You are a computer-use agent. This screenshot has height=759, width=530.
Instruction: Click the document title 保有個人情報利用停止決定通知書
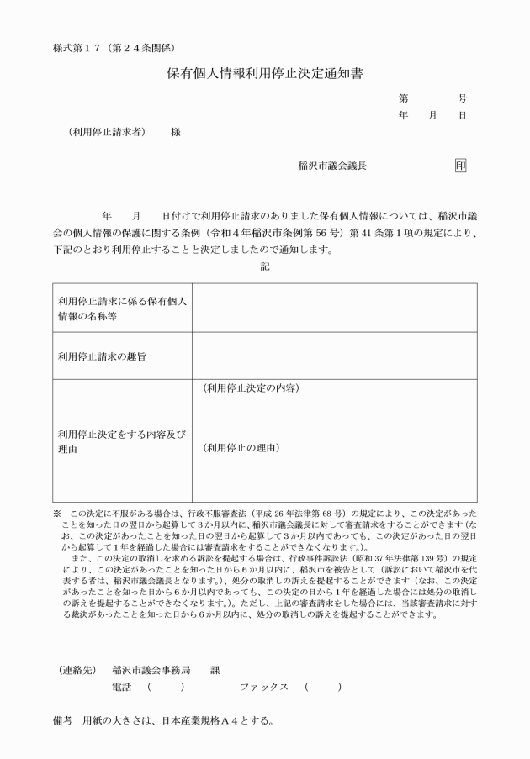pos(264,74)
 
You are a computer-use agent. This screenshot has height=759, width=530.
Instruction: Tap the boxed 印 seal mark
pos(460,166)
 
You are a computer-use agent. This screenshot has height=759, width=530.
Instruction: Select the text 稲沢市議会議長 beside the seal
pos(332,166)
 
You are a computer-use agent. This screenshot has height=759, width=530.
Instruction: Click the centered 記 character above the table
pos(265,266)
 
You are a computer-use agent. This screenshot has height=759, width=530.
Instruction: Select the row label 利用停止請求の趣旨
pos(101,356)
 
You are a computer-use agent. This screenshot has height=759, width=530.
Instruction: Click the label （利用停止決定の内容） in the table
pos(252,388)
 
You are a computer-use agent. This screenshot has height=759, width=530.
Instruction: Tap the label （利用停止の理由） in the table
pos(241,448)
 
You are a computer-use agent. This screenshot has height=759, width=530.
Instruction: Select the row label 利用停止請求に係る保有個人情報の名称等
pos(121,307)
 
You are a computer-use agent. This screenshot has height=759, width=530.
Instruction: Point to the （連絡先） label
pos(80,671)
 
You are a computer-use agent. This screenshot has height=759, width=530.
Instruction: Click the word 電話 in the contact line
pos(122,687)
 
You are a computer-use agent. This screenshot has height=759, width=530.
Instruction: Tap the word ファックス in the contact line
pos(263,687)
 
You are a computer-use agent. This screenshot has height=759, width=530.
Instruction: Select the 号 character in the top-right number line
pos(463,98)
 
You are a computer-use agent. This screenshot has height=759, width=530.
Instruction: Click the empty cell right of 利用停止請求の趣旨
pos(334,356)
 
